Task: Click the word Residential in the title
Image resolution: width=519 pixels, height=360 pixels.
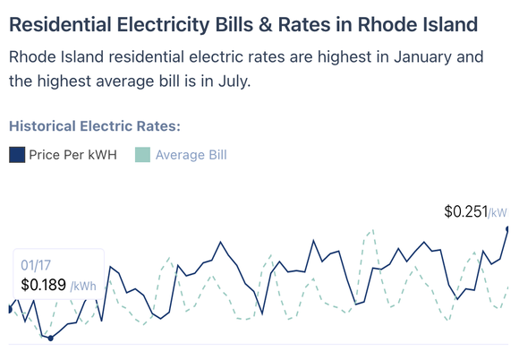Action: click(x=59, y=22)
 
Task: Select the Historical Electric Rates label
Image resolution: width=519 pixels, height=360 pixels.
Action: click(x=94, y=126)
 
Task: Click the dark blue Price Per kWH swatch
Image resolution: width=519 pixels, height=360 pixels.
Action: click(x=17, y=155)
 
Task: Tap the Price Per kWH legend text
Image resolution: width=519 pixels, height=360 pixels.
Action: click(x=72, y=155)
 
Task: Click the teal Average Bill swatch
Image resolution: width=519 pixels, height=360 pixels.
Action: click(x=142, y=155)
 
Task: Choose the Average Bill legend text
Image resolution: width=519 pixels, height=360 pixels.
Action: click(x=191, y=155)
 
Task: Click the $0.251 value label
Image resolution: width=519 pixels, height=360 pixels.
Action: click(x=465, y=212)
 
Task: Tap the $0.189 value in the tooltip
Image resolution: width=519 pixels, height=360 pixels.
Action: click(x=43, y=285)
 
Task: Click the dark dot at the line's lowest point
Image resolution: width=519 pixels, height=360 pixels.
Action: click(x=50, y=338)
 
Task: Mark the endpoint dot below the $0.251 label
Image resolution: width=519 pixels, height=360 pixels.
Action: click(x=507, y=229)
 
